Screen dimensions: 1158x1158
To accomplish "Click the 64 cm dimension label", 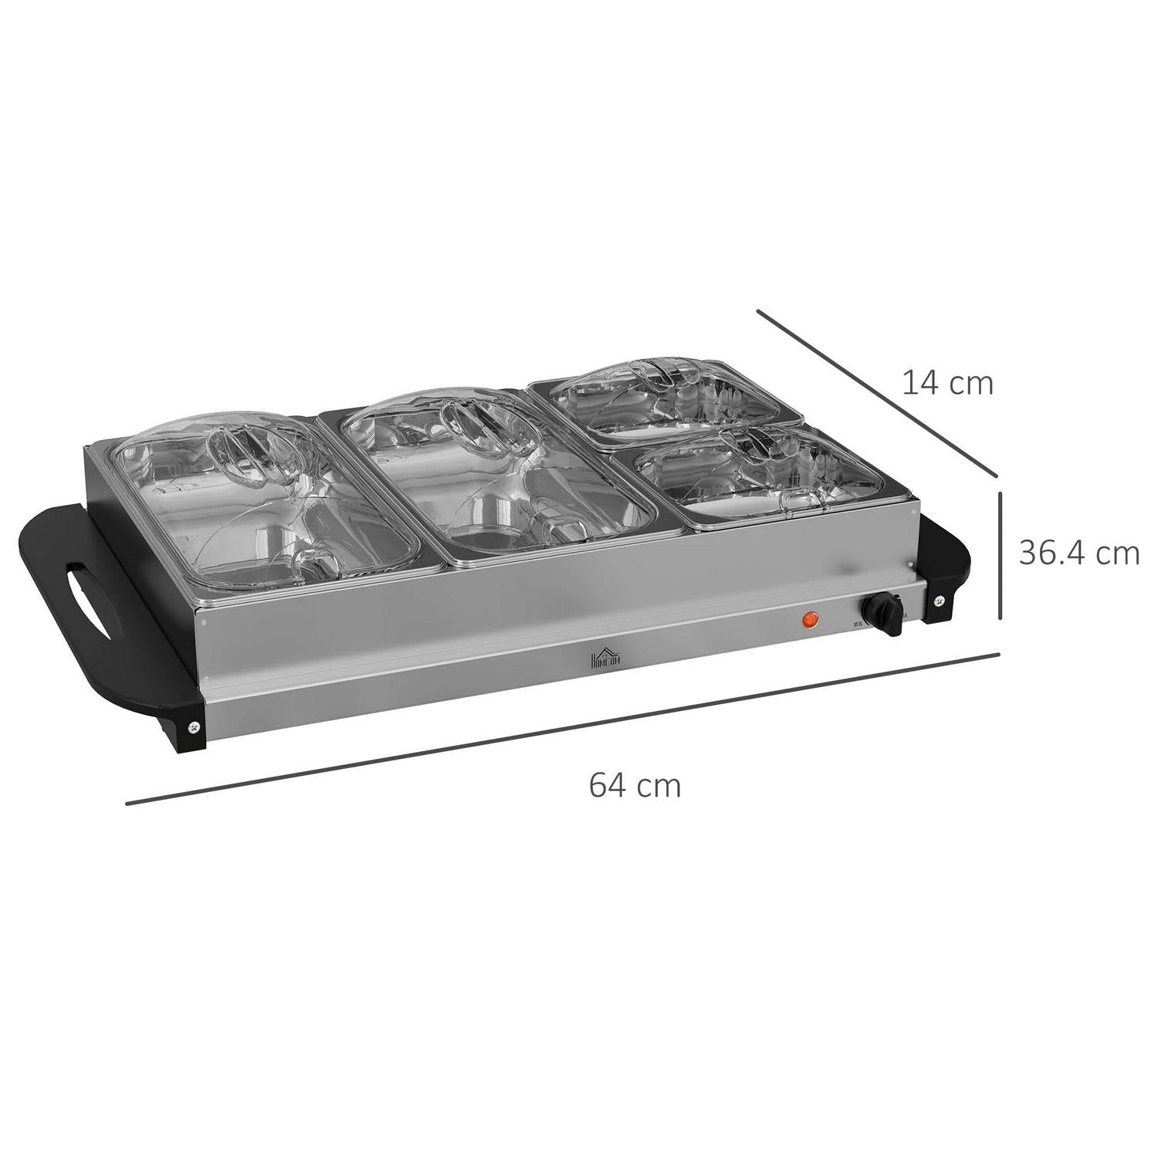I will coord(635,786).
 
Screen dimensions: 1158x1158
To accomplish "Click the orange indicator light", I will coord(810,618).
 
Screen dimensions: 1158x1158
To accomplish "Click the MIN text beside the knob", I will coord(858,624).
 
